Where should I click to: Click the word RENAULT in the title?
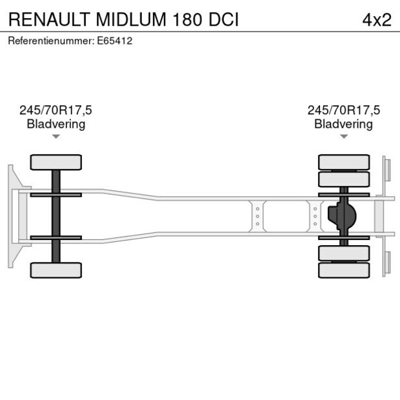(x=49, y=19)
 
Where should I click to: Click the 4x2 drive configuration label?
(x=377, y=20)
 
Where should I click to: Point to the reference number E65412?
(x=115, y=41)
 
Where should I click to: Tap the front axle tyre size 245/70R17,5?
(x=55, y=110)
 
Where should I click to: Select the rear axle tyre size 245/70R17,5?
(x=344, y=110)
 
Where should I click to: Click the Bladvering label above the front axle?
(x=56, y=125)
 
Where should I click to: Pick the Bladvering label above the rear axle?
(x=344, y=125)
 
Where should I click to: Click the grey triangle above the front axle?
(x=56, y=137)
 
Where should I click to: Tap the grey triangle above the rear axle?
(x=344, y=137)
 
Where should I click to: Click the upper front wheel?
(x=56, y=162)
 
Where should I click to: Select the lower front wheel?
(x=56, y=270)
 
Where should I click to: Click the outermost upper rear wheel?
(x=344, y=162)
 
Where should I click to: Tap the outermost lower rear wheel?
(x=344, y=270)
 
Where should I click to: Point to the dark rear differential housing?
(x=342, y=216)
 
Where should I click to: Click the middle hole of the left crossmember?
(x=257, y=216)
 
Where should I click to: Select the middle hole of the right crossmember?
(x=315, y=216)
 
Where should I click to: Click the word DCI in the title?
(x=223, y=19)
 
